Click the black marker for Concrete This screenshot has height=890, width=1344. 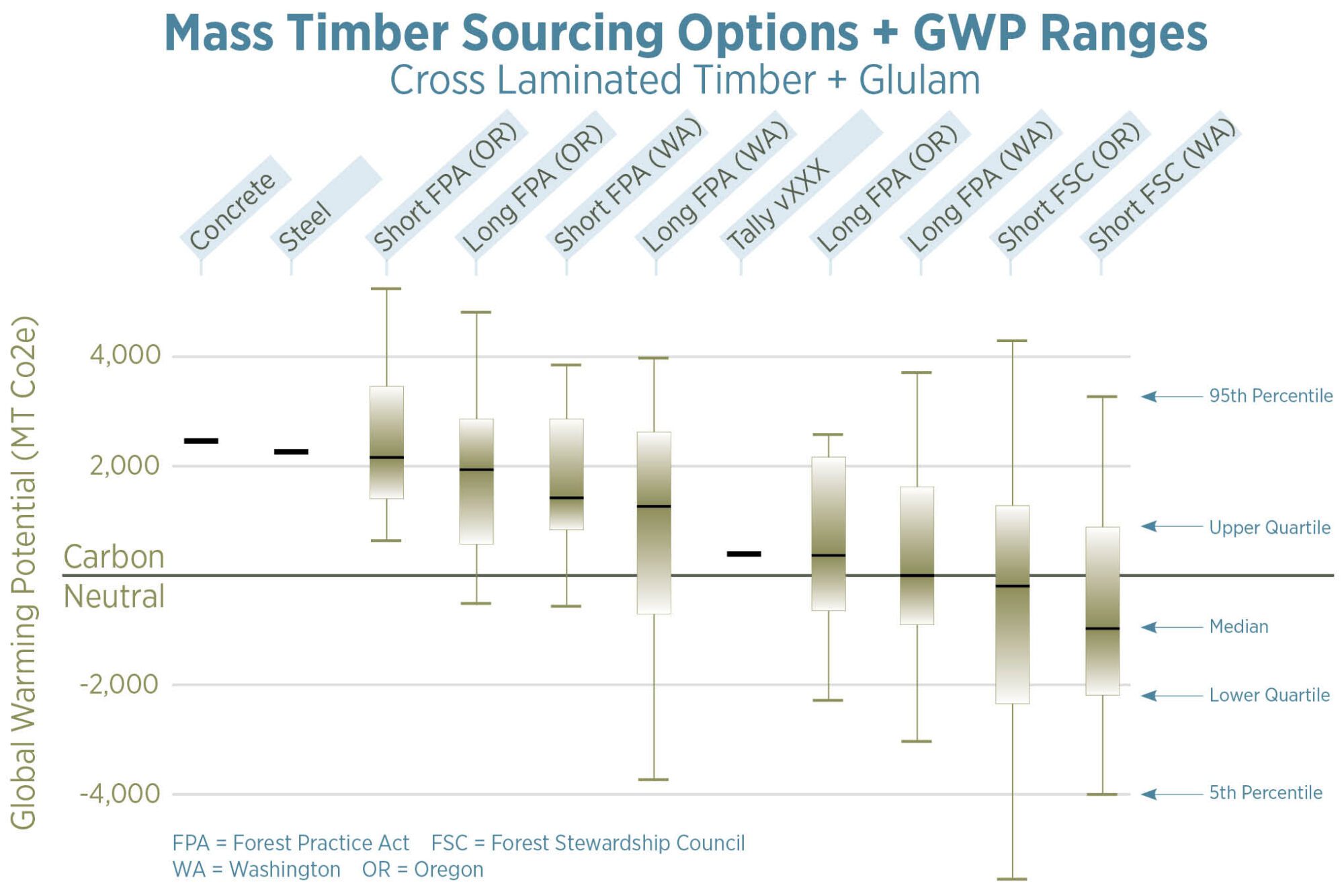(201, 441)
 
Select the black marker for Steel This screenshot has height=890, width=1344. (291, 452)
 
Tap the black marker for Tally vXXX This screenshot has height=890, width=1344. (744, 554)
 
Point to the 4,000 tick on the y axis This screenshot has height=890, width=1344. (125, 355)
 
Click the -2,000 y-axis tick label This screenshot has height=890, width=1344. (119, 684)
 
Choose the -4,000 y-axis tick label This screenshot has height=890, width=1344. (119, 794)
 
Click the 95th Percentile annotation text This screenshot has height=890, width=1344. (1271, 396)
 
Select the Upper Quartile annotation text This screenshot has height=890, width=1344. (1269, 528)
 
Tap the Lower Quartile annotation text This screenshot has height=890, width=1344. (1269, 695)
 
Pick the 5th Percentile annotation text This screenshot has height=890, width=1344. (1265, 793)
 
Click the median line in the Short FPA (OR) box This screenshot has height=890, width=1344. (386, 457)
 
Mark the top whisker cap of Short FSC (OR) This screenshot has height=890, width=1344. (1011, 341)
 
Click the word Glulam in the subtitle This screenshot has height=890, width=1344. (919, 81)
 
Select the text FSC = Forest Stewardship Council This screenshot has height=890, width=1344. (587, 843)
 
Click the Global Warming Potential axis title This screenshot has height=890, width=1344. (24, 571)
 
